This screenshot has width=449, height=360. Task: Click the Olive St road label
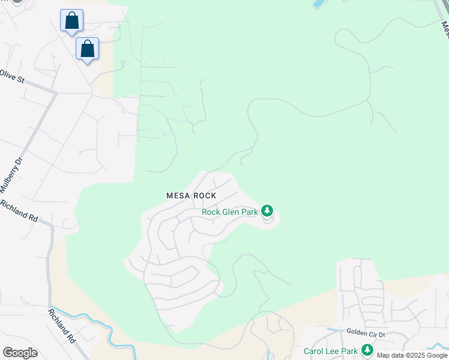11,76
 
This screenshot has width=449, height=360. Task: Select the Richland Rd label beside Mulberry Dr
19,211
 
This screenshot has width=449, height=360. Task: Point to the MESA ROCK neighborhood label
191,196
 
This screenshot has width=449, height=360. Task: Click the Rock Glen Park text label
230,212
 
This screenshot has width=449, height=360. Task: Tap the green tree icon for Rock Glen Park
267,211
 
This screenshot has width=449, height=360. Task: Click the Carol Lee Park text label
331,351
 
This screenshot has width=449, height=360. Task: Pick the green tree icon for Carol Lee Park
367,350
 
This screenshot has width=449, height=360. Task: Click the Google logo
20,352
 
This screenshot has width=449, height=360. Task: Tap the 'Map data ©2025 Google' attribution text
412,355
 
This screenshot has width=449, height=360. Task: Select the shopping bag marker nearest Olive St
88,49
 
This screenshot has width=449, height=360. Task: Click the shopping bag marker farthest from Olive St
71,20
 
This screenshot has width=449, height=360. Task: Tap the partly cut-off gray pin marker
17,2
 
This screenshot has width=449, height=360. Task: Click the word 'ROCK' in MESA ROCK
203,196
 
